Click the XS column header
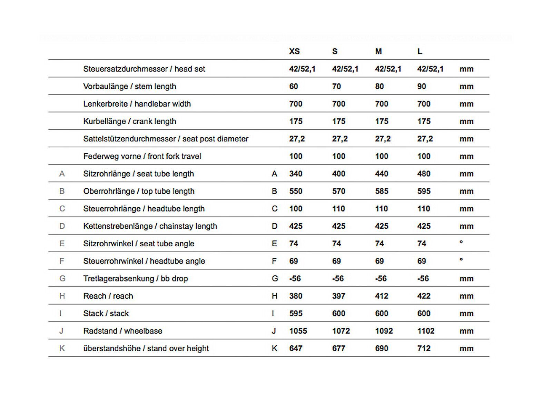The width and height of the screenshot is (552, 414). (x=294, y=51)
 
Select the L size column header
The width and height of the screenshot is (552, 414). (x=420, y=51)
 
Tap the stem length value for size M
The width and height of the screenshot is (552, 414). (x=379, y=86)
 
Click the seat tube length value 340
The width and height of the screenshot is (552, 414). (x=296, y=174)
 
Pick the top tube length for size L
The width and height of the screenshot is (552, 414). (x=424, y=191)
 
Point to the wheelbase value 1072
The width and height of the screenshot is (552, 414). (x=341, y=331)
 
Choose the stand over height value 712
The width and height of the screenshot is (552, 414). (x=424, y=348)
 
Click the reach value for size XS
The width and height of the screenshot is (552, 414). (x=296, y=296)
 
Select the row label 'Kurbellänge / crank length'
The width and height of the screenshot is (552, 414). (x=130, y=121)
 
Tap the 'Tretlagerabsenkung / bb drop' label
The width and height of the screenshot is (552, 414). (x=136, y=278)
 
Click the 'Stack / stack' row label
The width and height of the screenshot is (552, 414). (x=106, y=313)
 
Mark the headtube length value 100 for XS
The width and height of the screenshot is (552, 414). (x=296, y=209)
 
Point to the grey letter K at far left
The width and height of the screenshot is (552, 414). (x=62, y=348)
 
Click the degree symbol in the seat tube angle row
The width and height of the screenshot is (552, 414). (x=461, y=242)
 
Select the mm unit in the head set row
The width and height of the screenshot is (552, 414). (x=466, y=69)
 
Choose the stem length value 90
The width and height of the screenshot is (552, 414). (x=422, y=86)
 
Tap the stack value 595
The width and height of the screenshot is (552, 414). (x=296, y=313)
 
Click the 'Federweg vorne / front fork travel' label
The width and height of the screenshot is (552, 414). (x=142, y=156)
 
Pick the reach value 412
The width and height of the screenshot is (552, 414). (x=382, y=296)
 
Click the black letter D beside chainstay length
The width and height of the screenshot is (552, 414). (x=275, y=226)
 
